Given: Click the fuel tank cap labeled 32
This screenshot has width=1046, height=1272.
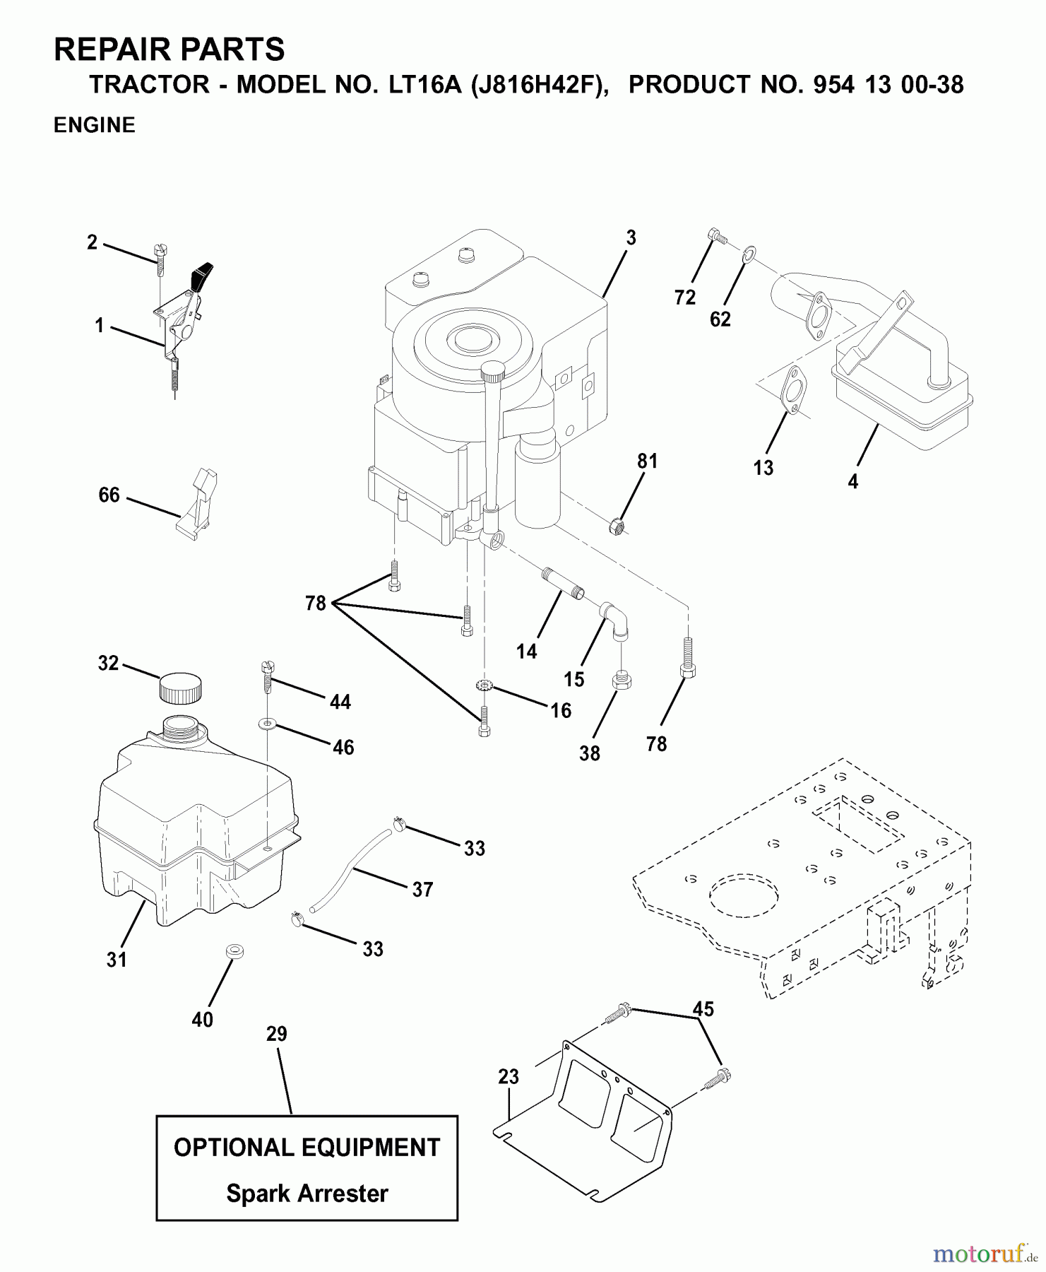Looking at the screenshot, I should tap(180, 688).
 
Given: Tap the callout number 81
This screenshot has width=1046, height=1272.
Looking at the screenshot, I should tap(647, 461).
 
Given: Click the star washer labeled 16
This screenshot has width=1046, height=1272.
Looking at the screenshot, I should tap(485, 685).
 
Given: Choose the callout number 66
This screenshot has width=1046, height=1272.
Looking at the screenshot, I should tap(109, 495).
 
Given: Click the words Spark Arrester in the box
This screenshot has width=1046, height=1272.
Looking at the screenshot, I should tap(307, 1194).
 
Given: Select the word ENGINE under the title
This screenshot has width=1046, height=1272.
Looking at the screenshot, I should tap(95, 125).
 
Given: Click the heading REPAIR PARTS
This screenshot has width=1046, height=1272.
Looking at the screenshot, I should tap(170, 49).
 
